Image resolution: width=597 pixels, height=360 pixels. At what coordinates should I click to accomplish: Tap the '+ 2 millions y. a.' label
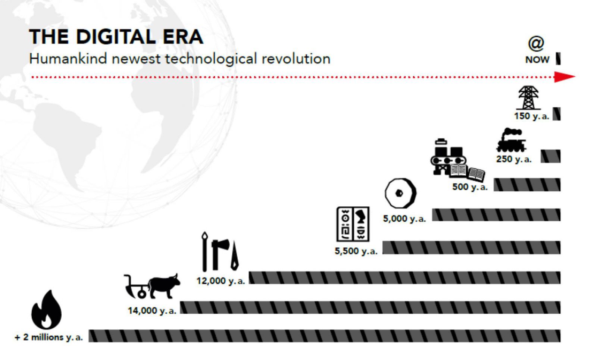click(x=49, y=337)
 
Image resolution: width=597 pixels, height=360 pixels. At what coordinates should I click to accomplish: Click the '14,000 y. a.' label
click(x=152, y=311)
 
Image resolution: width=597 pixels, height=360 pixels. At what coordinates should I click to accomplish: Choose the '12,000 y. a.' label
click(x=221, y=281)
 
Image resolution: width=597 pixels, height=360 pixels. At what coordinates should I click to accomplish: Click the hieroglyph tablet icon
click(x=353, y=224)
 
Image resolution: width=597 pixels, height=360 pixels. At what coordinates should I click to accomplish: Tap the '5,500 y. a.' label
click(x=356, y=251)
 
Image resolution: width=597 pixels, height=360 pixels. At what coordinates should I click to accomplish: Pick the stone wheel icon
click(x=400, y=193)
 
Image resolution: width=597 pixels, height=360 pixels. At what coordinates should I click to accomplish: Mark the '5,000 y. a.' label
click(x=404, y=219)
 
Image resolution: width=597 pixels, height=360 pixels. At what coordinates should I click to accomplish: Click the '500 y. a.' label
click(x=470, y=187)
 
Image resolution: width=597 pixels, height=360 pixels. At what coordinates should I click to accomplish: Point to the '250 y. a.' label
click(x=513, y=159)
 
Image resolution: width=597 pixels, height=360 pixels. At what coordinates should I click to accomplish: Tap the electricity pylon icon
click(x=528, y=97)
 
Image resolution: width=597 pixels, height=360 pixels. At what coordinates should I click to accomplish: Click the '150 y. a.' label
click(x=532, y=116)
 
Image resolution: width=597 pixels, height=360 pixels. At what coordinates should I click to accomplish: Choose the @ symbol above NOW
click(x=536, y=44)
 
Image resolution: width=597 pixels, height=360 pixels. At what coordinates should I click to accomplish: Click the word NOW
click(x=537, y=59)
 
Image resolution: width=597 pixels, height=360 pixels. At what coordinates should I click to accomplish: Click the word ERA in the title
click(x=183, y=37)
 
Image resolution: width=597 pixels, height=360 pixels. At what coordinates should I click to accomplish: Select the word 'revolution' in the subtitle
click(x=296, y=59)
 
